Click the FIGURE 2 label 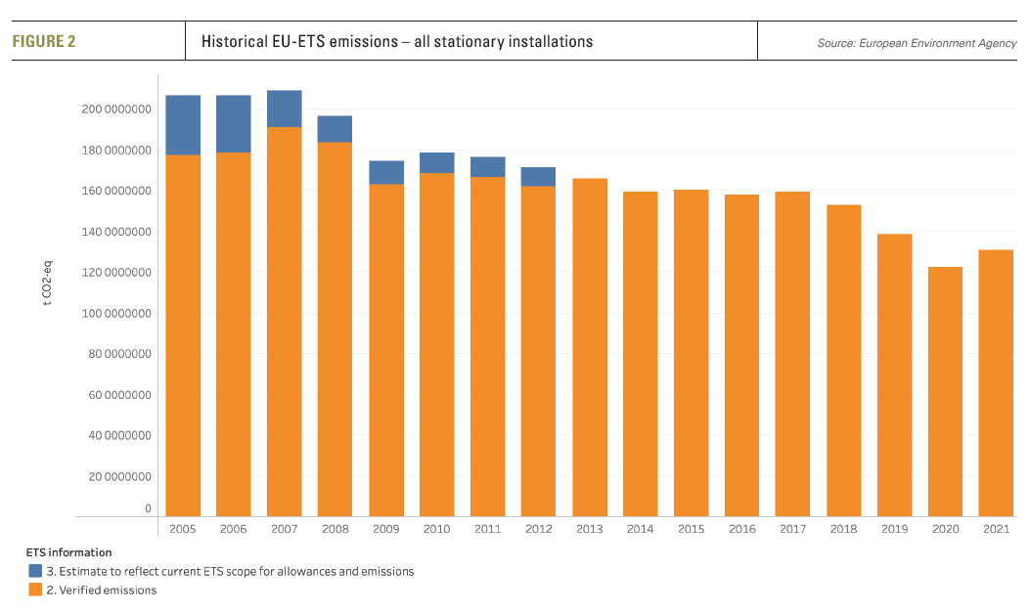(x=44, y=42)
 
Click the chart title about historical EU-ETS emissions (x=396, y=42)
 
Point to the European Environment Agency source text (x=917, y=43)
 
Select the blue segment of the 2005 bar (x=183, y=125)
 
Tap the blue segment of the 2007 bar (x=284, y=109)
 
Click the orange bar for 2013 (x=589, y=347)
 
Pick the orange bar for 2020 (x=945, y=391)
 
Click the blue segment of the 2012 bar (x=538, y=177)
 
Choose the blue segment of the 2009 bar (x=385, y=173)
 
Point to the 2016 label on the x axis (x=741, y=529)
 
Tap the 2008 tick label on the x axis (x=335, y=529)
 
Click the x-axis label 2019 (x=894, y=529)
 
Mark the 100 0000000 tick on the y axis (x=115, y=314)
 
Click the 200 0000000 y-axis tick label (x=115, y=110)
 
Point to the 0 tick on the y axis (x=149, y=509)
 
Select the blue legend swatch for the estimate (x=33, y=571)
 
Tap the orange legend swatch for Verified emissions (x=33, y=590)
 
